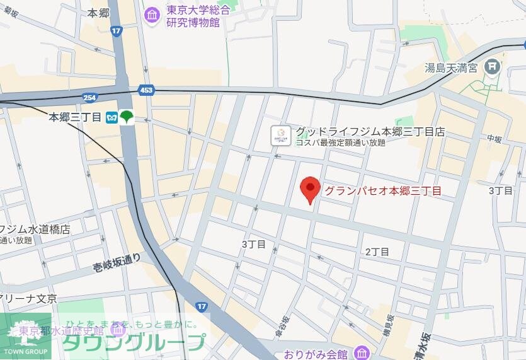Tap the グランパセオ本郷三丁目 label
click(x=382, y=190)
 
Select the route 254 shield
click(x=89, y=96)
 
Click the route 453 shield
click(x=146, y=90)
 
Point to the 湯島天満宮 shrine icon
click(x=494, y=66)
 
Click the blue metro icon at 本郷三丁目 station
click(x=112, y=117)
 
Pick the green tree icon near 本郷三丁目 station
click(x=127, y=117)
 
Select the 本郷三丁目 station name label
click(x=76, y=117)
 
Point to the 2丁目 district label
click(x=377, y=252)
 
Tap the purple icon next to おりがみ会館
click(x=360, y=352)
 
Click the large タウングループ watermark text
click(x=134, y=341)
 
